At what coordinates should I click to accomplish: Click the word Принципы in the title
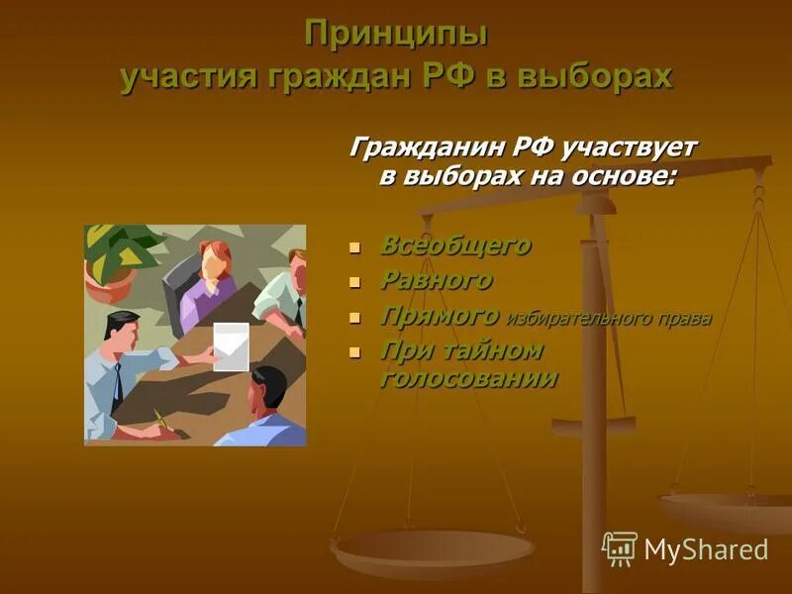tap(396, 34)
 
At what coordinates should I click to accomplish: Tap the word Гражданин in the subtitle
tap(427, 147)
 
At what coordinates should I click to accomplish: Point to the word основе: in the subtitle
tap(621, 177)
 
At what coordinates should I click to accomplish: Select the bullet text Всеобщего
tap(455, 245)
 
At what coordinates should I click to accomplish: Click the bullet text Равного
tap(436, 280)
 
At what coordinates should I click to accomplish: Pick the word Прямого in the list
tap(440, 316)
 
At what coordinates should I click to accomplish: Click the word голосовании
tap(467, 378)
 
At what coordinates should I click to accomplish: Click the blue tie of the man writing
tap(118, 381)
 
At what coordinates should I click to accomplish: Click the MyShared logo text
tap(706, 549)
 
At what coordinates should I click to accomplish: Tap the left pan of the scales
tap(433, 548)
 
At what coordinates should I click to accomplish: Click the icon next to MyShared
tap(620, 548)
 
